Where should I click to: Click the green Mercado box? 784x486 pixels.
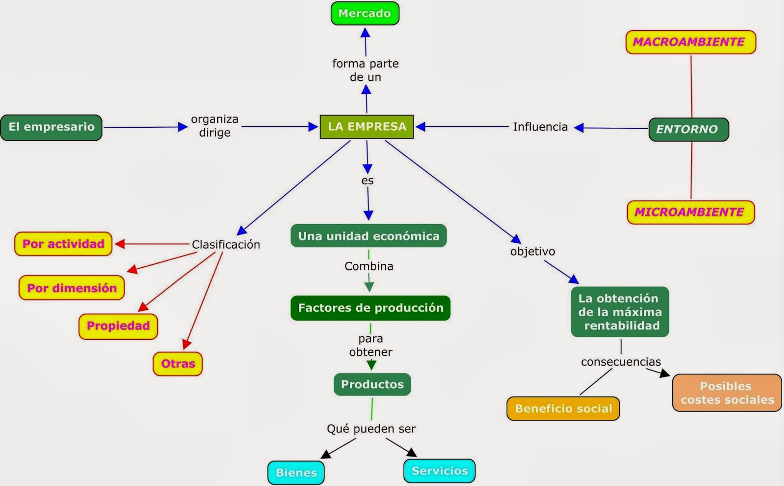(x=365, y=13)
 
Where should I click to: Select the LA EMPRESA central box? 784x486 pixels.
(x=367, y=127)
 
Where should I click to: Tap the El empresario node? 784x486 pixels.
(x=51, y=127)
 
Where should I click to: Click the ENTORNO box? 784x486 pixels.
(x=688, y=129)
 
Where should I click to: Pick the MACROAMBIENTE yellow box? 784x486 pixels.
(x=690, y=42)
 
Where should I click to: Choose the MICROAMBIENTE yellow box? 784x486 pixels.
(x=690, y=212)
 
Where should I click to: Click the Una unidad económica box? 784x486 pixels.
(x=368, y=236)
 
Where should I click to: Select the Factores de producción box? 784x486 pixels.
(x=370, y=308)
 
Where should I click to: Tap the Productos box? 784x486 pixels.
(x=372, y=384)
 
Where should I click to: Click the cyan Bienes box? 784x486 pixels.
(x=296, y=472)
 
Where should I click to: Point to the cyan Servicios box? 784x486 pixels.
(x=440, y=471)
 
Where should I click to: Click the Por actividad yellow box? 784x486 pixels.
(x=63, y=244)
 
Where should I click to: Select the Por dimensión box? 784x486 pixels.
(x=72, y=288)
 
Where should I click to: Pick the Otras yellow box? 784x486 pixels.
(x=178, y=364)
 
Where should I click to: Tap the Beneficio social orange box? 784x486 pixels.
(x=563, y=409)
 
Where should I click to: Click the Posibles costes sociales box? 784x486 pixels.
(x=727, y=393)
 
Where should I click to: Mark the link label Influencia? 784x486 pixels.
(x=540, y=127)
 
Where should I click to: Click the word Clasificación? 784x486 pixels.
(x=225, y=244)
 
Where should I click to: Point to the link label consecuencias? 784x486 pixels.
(x=620, y=362)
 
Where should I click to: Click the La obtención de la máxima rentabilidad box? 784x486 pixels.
(x=619, y=312)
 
